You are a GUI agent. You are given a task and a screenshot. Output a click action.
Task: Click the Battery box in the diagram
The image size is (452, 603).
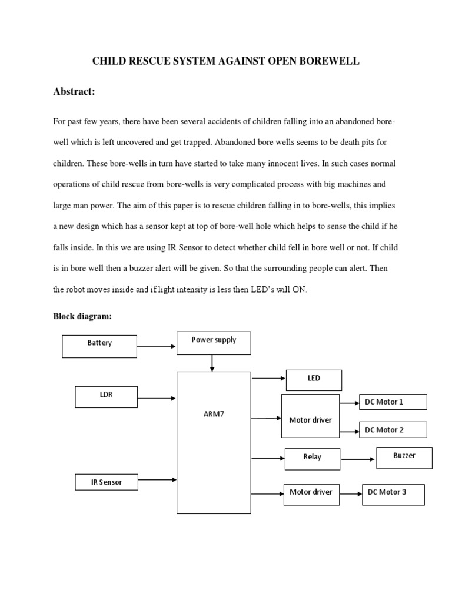tap(99, 346)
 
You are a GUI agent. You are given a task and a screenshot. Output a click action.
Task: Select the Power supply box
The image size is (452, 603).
tap(214, 343)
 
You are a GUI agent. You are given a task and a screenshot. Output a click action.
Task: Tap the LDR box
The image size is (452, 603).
tap(107, 397)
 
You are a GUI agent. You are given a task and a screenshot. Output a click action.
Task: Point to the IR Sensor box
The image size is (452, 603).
tap(107, 482)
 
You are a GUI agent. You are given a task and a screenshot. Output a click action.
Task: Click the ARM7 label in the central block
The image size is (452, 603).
tap(214, 414)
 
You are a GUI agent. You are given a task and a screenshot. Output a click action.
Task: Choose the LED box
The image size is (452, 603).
tap(314, 380)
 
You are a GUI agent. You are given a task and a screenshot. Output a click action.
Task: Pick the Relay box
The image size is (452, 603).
tap(313, 459)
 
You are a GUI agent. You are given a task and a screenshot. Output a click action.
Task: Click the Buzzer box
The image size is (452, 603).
tap(404, 458)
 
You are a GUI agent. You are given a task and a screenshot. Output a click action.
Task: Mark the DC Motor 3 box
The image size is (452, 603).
tap(393, 495)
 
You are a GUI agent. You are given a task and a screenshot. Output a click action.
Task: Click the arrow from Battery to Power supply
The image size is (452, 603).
tap(157, 346)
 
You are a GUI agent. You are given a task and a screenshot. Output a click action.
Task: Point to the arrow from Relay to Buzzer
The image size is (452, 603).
tap(358, 459)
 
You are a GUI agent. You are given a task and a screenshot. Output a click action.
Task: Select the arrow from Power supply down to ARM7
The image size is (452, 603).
tap(212, 365)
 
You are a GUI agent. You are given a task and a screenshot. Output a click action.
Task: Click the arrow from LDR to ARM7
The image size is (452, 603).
tap(157, 398)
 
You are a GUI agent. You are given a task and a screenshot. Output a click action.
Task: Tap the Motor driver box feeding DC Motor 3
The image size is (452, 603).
tap(311, 493)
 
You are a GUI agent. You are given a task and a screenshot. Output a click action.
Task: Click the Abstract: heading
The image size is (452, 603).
tap(74, 91)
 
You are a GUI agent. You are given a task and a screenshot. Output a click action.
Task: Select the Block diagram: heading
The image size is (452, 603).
tap(82, 316)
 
